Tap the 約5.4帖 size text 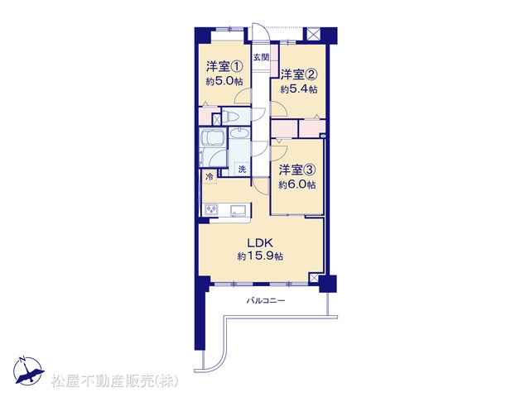(299, 89)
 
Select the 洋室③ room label (297, 170)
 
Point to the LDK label (260, 243)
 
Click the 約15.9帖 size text (260, 256)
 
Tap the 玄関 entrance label (262, 57)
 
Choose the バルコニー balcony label (265, 300)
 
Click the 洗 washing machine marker (242, 169)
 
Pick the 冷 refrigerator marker (210, 176)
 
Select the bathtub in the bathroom (212, 139)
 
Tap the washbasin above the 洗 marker (239, 132)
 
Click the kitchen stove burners (211, 210)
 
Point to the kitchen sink (238, 210)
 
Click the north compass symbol (29, 371)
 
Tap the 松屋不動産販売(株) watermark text (114, 381)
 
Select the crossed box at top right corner (312, 35)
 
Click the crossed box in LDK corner (314, 278)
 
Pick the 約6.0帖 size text (297, 184)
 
